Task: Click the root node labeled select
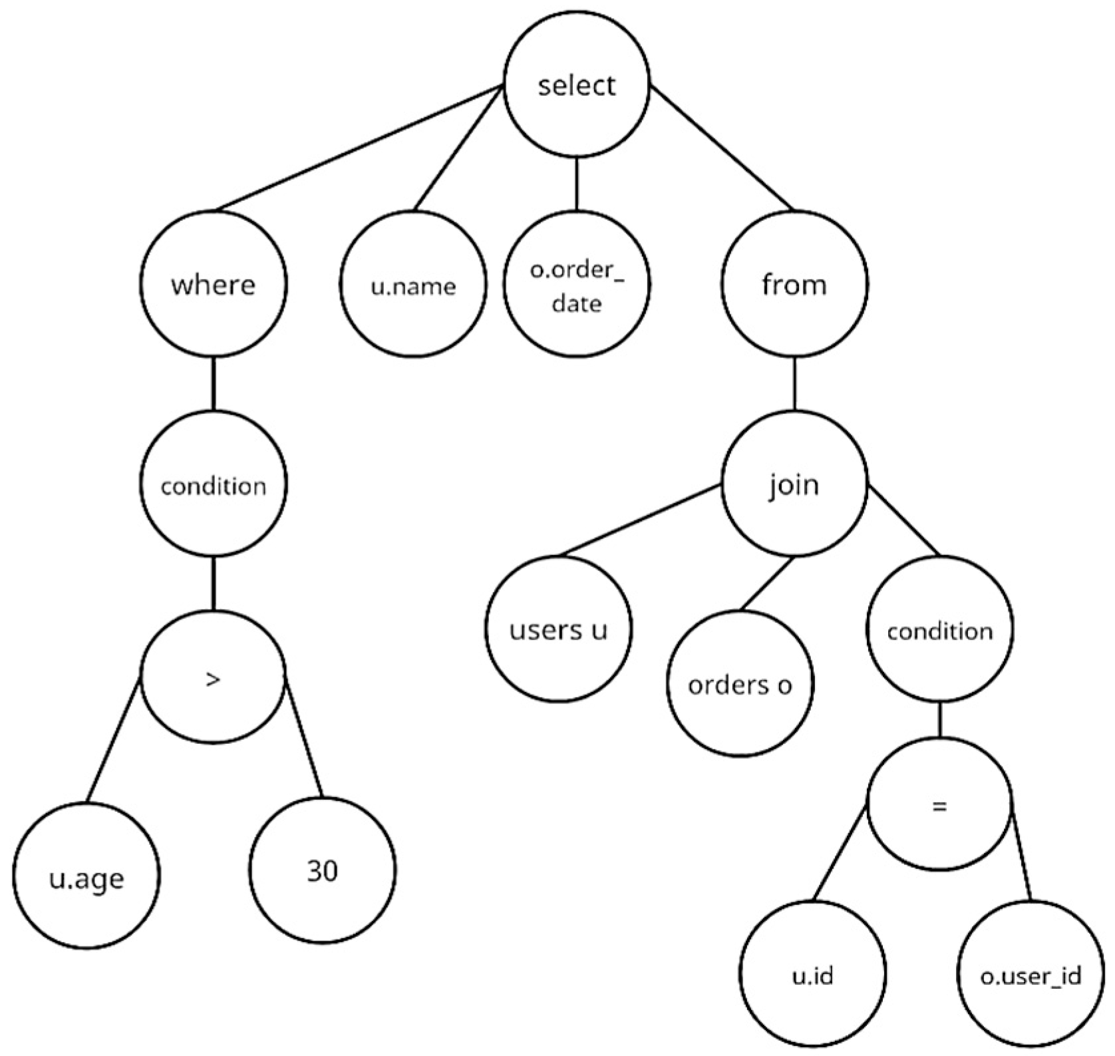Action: (x=576, y=85)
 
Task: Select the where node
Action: (x=213, y=284)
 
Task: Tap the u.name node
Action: (x=412, y=285)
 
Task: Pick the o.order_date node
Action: (x=576, y=285)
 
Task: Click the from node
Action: (x=794, y=284)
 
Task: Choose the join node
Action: (x=794, y=484)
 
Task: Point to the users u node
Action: (x=558, y=629)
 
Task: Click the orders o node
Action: (x=740, y=683)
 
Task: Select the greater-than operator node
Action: (x=213, y=677)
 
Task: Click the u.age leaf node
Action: (x=86, y=877)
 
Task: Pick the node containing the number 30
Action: (x=323, y=870)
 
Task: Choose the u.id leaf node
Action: (x=813, y=975)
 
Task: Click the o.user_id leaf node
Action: (x=1030, y=975)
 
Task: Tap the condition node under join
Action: (x=939, y=629)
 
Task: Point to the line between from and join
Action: (x=794, y=384)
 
